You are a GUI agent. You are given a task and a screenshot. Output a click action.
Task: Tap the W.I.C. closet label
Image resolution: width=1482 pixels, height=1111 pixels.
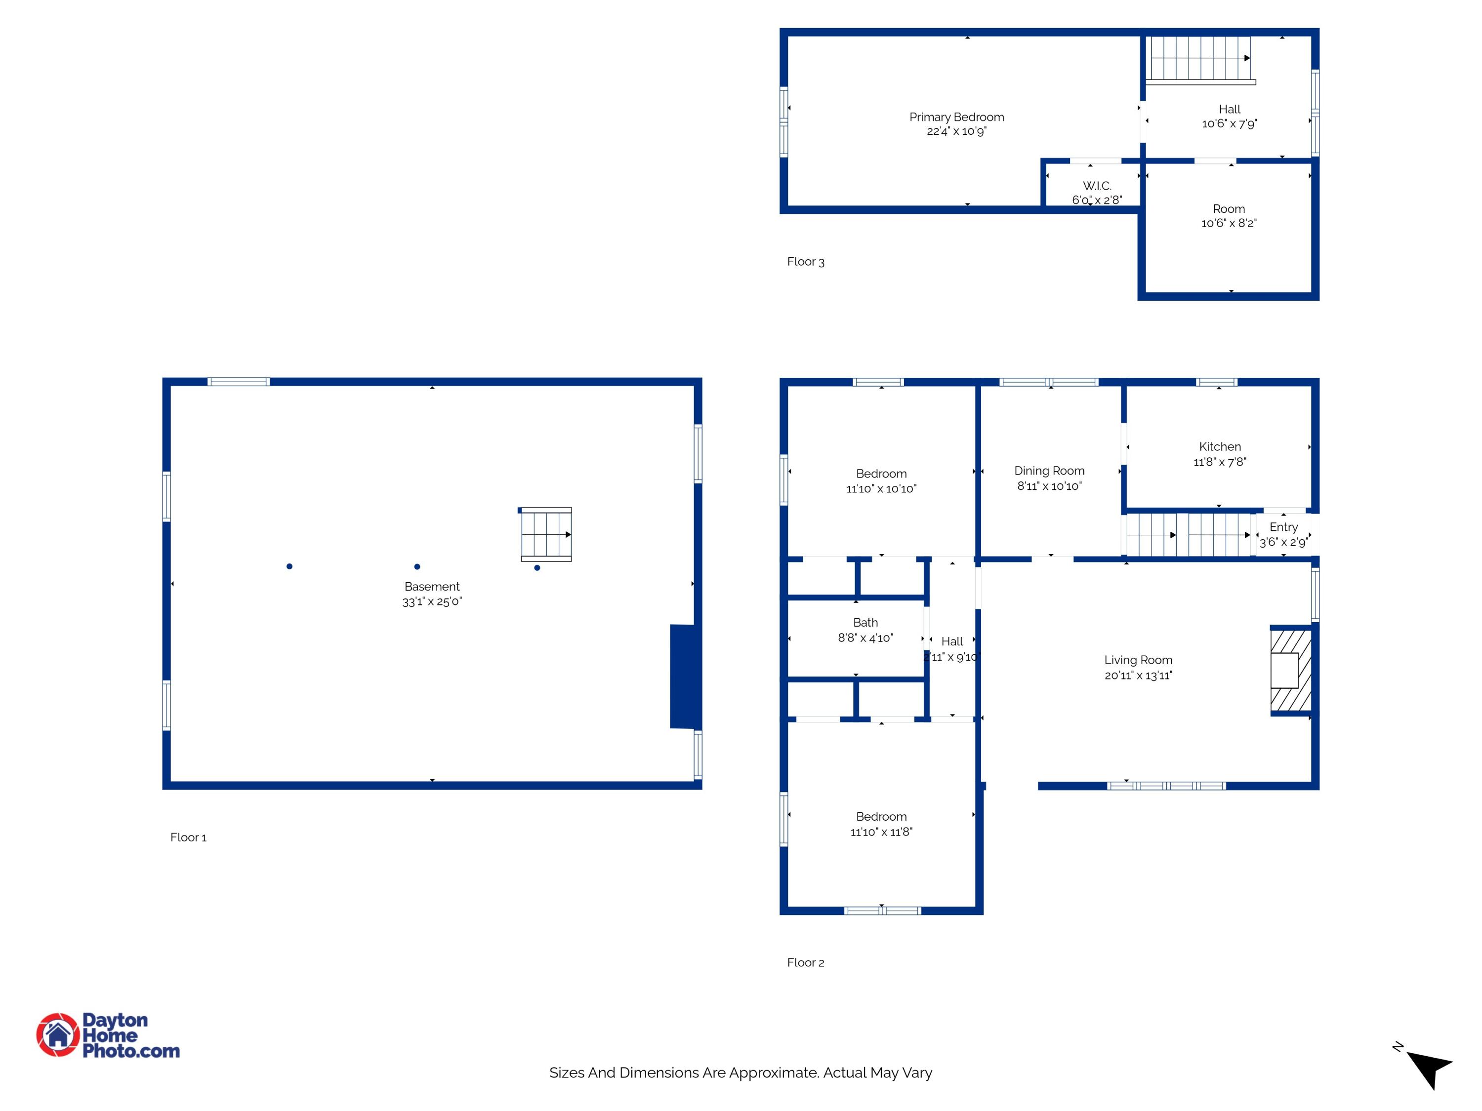[1097, 186]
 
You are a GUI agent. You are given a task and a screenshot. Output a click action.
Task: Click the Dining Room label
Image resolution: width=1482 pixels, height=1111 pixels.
[1049, 471]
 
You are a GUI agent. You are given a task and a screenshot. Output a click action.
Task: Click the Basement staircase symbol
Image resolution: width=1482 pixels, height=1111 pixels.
[546, 534]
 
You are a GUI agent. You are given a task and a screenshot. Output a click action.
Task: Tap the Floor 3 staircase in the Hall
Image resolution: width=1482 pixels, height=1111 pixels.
[1200, 58]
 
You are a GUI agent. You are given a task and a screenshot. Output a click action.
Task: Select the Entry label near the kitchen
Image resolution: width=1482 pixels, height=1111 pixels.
[1283, 527]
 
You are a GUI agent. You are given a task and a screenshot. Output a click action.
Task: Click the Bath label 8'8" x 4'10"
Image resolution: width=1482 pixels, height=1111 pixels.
[865, 623]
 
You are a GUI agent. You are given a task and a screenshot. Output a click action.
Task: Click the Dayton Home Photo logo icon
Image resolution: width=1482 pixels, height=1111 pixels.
[58, 1034]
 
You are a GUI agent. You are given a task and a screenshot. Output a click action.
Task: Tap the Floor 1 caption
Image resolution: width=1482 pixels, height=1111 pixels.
[188, 837]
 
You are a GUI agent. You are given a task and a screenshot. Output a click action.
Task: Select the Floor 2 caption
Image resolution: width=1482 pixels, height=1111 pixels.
[805, 962]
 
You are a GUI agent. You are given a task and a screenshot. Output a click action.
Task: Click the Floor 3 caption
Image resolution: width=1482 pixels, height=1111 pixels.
[805, 262]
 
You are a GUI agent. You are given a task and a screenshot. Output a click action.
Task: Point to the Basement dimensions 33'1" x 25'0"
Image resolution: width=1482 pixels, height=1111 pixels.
[432, 601]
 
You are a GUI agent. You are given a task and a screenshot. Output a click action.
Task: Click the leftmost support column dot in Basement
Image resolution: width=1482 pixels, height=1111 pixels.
[289, 566]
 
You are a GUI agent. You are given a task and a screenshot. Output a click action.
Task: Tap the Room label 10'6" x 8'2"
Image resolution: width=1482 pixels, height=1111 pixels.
[1228, 209]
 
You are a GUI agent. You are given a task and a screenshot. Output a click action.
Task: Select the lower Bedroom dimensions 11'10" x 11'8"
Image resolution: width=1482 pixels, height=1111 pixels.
[881, 832]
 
